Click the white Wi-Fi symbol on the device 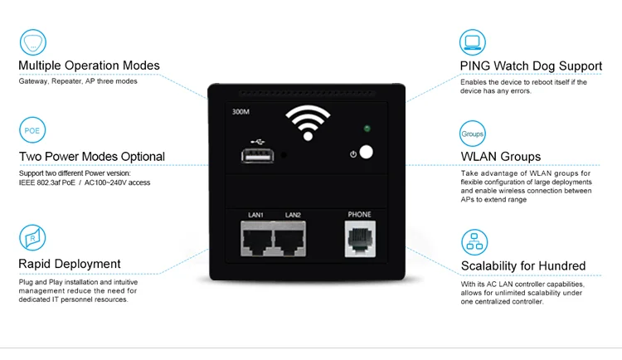pos(308,124)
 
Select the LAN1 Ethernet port pos(256,240)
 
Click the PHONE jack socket pos(360,239)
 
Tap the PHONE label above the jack pos(360,214)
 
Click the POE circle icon pos(32,131)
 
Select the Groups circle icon pos(473,133)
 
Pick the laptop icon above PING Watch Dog pos(473,41)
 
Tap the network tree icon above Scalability pos(473,241)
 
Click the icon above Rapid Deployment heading pos(32,239)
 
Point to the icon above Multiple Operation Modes pos(32,41)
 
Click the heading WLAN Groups pos(501,156)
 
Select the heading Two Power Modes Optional pos(91,156)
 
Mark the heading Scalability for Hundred pos(523,266)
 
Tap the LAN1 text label pos(255,215)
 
